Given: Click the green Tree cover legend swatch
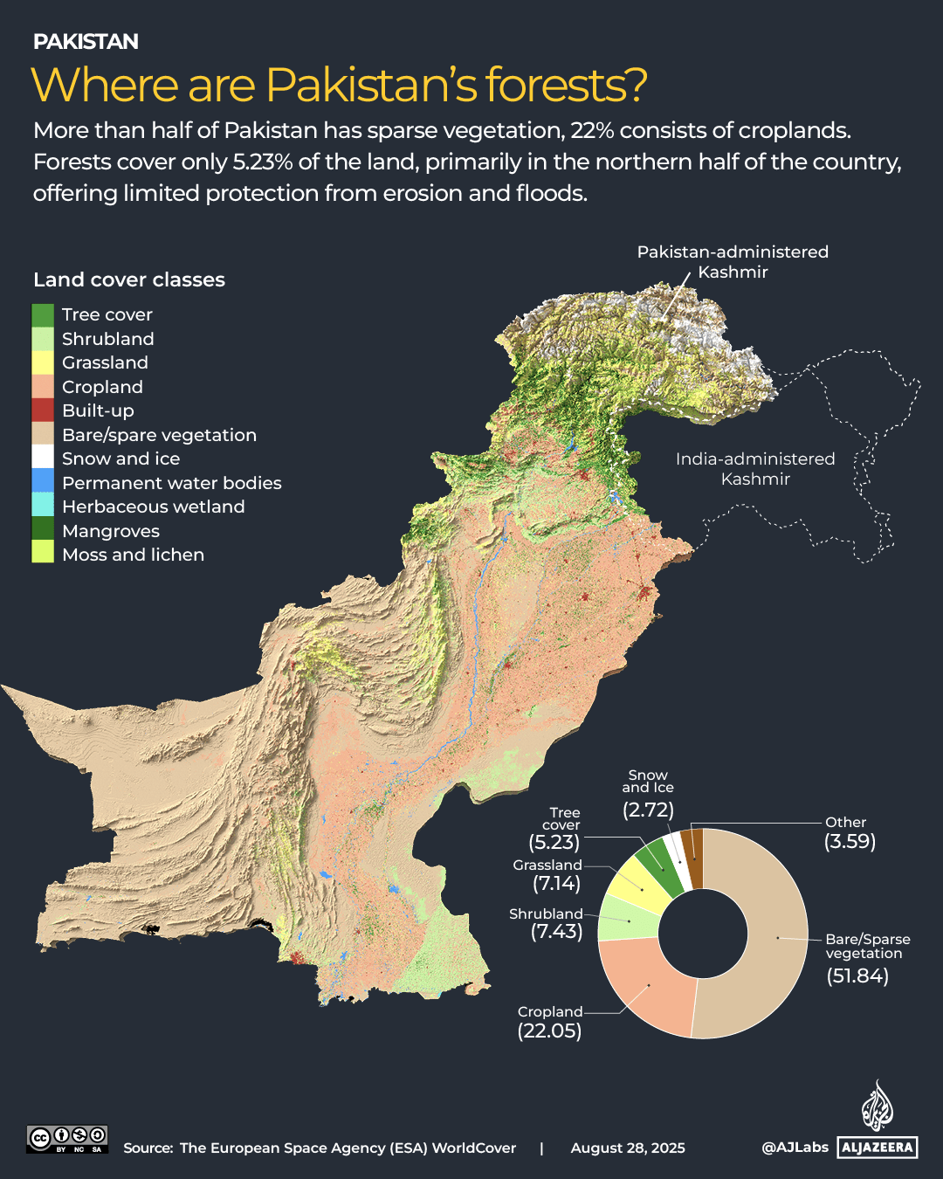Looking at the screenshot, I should tap(43, 315).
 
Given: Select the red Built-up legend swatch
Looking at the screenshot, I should tap(43, 410).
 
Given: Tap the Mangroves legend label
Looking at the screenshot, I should tap(111, 531).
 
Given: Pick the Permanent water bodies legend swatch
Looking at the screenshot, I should tap(43, 482).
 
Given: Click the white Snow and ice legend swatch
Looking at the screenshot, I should tap(43, 458).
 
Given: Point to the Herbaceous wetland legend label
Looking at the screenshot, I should tap(153, 507).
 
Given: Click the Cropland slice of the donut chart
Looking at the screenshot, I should tap(646, 987).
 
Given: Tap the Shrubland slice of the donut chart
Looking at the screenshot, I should tap(627, 920).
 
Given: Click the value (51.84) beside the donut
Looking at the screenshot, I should tap(857, 976).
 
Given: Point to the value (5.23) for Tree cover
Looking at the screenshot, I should tap(554, 842).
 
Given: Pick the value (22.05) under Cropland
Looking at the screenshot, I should tap(549, 1031).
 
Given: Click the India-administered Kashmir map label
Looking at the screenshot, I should tap(755, 469).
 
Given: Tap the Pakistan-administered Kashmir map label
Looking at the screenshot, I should tap(733, 262).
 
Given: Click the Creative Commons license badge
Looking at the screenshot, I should tap(67, 1139).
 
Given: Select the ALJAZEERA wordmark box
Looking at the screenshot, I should tap(878, 1148).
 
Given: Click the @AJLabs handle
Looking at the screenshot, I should tap(795, 1148).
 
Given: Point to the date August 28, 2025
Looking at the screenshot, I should tap(628, 1148).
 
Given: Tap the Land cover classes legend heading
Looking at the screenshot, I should tap(129, 279).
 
